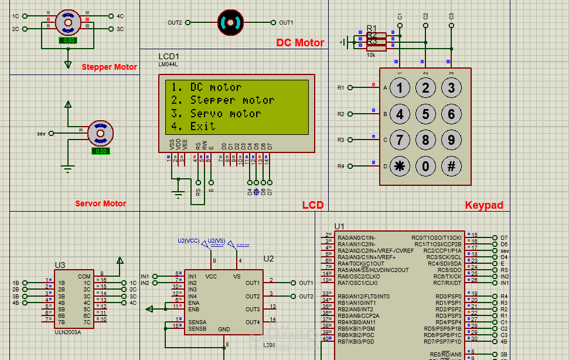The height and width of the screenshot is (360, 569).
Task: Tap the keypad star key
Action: [400, 166]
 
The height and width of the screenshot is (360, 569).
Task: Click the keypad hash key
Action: [451, 166]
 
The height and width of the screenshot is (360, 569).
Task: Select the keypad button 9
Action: [451, 140]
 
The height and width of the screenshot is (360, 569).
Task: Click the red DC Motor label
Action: [300, 43]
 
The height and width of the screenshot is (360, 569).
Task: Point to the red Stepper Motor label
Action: [109, 67]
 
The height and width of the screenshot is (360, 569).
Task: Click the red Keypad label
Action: [484, 205]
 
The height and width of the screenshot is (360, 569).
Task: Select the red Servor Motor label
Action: [100, 204]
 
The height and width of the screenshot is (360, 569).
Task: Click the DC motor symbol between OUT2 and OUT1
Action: [230, 22]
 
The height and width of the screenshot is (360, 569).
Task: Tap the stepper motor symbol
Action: [68, 22]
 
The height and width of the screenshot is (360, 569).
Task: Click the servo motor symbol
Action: [100, 133]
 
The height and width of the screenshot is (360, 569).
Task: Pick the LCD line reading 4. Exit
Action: [193, 126]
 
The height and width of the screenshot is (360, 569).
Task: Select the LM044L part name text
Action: [168, 64]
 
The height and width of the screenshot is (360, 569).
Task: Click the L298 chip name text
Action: [269, 345]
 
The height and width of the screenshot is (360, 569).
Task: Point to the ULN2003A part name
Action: [67, 331]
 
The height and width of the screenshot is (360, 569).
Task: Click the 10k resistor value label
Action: [371, 55]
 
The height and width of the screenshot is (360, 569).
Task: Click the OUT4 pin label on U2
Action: [253, 322]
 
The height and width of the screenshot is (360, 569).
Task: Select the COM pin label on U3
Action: [84, 276]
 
